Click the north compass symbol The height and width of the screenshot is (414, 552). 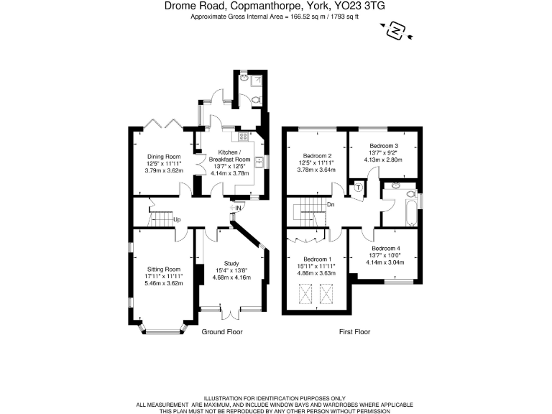(x=395, y=31)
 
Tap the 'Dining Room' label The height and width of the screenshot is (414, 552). (x=163, y=156)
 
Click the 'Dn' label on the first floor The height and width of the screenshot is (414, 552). (x=330, y=205)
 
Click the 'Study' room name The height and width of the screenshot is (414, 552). (x=231, y=263)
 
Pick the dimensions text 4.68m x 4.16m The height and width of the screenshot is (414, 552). (x=231, y=277)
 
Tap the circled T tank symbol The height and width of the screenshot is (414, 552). (x=359, y=188)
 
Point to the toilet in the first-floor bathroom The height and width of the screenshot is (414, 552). (x=410, y=194)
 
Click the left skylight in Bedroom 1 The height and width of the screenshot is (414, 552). (x=305, y=293)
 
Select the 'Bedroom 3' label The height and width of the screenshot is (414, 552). (x=385, y=145)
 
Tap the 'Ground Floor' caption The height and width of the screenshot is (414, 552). (x=222, y=332)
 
